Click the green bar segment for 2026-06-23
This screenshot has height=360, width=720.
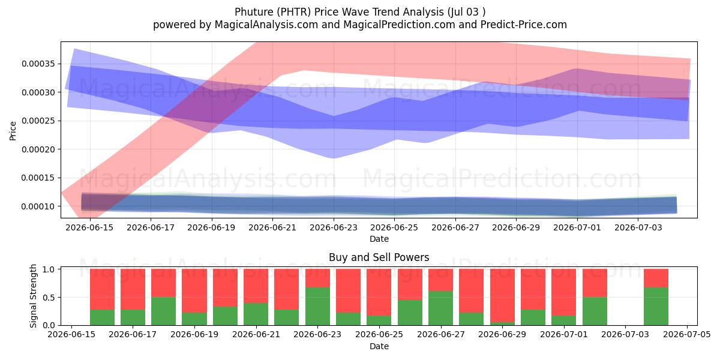click(x=317, y=306)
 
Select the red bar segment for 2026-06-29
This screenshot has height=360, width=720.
click(x=502, y=295)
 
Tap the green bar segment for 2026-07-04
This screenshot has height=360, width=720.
click(x=656, y=306)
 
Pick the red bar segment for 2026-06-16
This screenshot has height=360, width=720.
click(x=102, y=289)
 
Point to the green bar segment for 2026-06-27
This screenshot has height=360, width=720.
click(x=440, y=308)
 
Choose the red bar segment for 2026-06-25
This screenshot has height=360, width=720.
click(x=379, y=292)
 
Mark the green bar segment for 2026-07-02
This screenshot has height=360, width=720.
click(x=595, y=311)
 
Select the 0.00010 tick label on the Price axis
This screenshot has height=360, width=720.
click(x=38, y=206)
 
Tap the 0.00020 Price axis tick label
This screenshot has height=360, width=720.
click(x=38, y=149)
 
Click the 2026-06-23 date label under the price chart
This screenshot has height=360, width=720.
click(x=334, y=227)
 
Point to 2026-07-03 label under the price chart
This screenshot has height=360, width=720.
click(x=638, y=227)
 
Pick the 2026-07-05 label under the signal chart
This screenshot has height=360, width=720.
click(x=687, y=334)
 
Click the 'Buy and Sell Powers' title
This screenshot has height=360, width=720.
click(x=379, y=257)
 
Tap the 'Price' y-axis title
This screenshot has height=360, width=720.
click(x=13, y=131)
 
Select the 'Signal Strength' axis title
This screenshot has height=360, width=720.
click(x=33, y=296)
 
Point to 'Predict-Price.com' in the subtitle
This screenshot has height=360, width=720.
click(x=524, y=25)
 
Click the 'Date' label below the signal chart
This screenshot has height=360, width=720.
click(x=379, y=346)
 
